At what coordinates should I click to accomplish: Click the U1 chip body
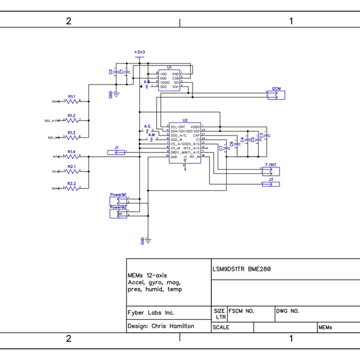tap(169, 80)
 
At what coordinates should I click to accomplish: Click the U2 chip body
tap(184, 144)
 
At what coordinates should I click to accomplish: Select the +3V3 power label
tap(140, 53)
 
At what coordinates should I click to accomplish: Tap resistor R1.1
tap(71, 101)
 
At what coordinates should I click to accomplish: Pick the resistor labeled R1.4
tap(71, 156)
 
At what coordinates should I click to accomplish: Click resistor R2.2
tap(71, 188)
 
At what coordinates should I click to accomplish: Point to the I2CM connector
tap(277, 94)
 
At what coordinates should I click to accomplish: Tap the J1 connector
tap(116, 152)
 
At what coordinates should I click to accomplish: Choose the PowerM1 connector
tap(118, 201)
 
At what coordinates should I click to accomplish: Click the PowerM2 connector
tap(118, 214)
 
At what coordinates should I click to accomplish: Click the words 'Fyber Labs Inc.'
tap(151, 313)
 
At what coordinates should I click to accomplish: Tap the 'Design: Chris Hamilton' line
tap(161, 326)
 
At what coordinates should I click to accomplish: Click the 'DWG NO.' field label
tap(287, 311)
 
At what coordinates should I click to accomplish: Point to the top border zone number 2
tap(68, 21)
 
